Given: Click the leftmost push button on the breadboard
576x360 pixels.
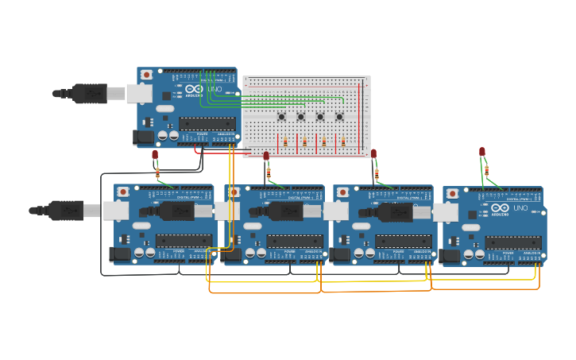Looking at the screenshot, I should tap(282, 117).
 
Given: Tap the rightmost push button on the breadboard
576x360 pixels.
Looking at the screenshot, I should tap(339, 117).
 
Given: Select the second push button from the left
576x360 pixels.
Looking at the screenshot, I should tap(301, 117).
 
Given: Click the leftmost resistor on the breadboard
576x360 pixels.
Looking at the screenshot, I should tap(286, 142).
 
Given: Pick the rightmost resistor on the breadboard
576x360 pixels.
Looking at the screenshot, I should tap(343, 142).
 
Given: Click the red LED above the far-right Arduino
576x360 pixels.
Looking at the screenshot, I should tap(482, 152).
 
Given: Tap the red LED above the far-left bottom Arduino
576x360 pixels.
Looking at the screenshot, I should tap(155, 155).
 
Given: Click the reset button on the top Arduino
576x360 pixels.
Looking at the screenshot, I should tap(146, 75).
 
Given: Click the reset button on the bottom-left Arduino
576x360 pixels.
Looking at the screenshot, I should tap(123, 192).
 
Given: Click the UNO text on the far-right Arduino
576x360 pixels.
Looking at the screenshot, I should tap(520, 208).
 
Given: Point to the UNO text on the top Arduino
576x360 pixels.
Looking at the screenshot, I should tap(215, 90).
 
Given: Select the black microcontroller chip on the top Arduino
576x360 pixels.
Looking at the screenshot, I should tap(207, 123).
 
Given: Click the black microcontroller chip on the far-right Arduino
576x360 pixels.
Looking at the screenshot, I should tap(513, 242).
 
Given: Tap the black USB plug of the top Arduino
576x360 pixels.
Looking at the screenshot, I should tap(89, 94).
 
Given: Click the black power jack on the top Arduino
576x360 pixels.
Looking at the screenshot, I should tap(144, 137).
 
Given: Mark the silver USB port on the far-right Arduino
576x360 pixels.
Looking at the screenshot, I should tap(446, 212).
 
